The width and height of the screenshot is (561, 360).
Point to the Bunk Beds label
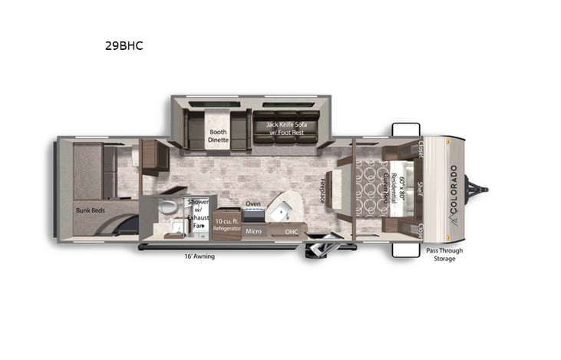[90, 209]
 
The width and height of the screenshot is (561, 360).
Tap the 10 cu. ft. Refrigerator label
[226, 225]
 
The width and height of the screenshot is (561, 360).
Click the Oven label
[253, 203]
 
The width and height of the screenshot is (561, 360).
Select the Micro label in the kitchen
[254, 231]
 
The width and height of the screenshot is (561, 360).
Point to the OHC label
[292, 231]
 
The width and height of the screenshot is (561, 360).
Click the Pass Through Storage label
[444, 254]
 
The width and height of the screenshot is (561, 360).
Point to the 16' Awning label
[199, 256]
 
